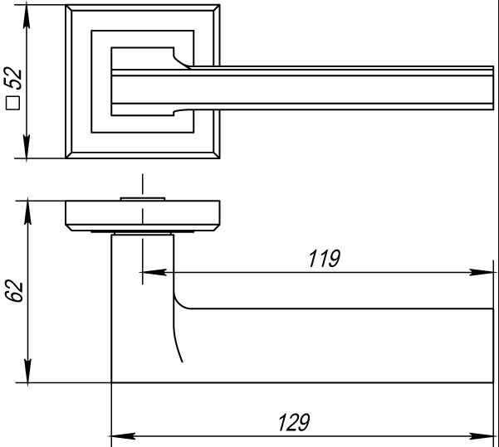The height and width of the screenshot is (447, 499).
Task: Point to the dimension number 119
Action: (x=322, y=259)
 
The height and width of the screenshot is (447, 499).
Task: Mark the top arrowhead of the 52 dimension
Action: (x=29, y=16)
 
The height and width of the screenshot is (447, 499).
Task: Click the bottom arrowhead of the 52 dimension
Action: (x=29, y=150)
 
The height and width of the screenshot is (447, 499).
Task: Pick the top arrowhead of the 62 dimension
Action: (x=29, y=211)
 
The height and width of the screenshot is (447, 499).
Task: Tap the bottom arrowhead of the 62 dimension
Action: (x=29, y=372)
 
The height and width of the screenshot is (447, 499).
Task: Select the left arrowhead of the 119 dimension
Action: (x=153, y=271)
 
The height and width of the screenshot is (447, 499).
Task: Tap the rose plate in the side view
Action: (x=144, y=215)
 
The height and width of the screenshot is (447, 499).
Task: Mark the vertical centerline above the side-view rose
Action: (x=143, y=184)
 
